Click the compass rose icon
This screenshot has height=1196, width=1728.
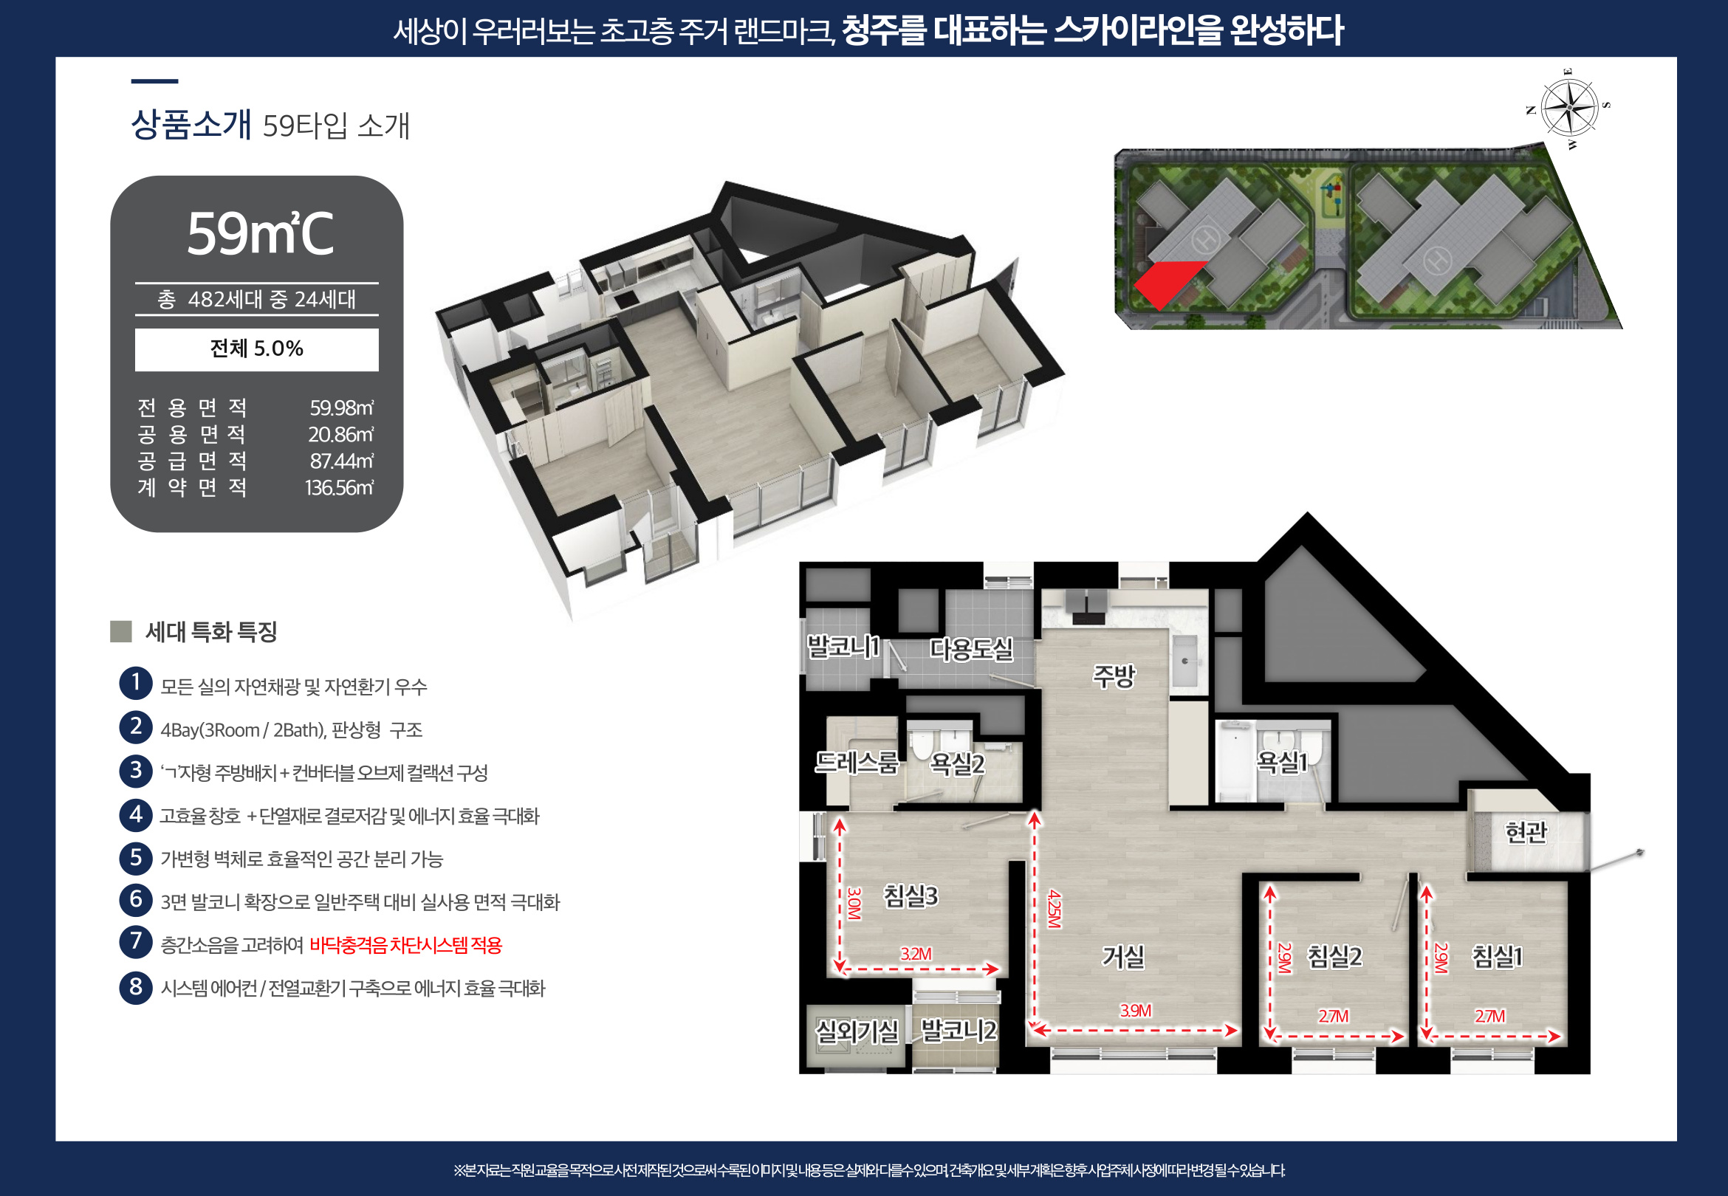pos(1569,109)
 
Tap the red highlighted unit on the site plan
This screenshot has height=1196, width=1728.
pos(1165,282)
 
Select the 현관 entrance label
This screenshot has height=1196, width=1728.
pos(1526,832)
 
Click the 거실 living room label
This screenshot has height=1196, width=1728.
pos(1122,956)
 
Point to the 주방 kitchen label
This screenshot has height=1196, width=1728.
pos(1114,676)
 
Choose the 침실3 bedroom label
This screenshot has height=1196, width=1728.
pos(911,896)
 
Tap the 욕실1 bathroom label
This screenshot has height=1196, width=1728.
pos(1282,762)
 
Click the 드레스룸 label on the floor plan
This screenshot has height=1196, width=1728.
pos(857,762)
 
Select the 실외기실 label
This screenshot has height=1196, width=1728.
pos(857,1031)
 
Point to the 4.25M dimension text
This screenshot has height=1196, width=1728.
pos(1055,908)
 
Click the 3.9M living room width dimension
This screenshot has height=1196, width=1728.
pos(1135,1010)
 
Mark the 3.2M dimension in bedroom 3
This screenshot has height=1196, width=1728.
pos(916,954)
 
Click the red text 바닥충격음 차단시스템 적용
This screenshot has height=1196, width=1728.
pos(405,945)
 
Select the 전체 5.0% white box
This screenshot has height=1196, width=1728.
pos(256,349)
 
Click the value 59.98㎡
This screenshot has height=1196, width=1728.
pos(342,408)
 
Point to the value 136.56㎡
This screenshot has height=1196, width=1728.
pos(340,488)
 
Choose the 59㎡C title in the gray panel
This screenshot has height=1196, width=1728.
pos(259,234)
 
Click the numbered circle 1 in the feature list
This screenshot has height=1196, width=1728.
pos(136,684)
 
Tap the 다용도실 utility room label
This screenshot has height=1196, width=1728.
pos(971,649)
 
